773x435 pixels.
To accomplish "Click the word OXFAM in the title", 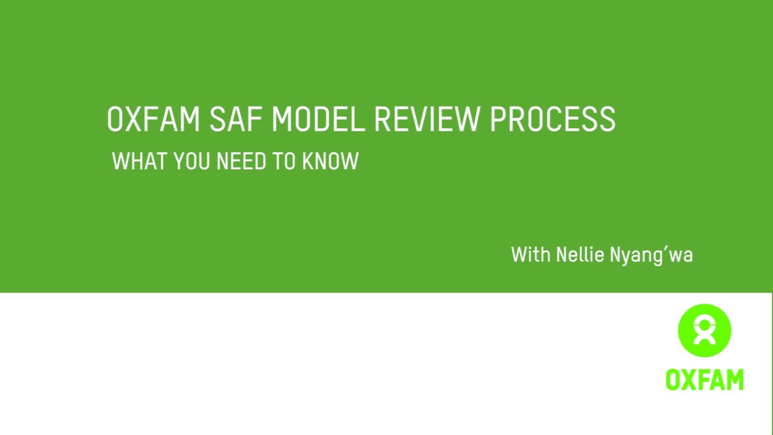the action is [x=153, y=119].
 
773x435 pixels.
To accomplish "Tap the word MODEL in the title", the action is [x=318, y=119].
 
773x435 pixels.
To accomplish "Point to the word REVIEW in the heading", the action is [x=427, y=119].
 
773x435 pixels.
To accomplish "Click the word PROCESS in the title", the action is [x=553, y=119].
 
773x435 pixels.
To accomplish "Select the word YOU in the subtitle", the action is [x=191, y=161].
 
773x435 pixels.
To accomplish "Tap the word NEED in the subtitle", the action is [x=241, y=161].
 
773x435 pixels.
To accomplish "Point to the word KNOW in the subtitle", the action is [x=330, y=161].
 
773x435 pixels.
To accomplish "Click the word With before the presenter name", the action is [x=531, y=254].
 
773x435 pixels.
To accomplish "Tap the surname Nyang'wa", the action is [x=651, y=256].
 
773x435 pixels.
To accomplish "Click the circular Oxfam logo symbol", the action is [x=704, y=330].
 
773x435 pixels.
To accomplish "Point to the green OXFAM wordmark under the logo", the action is [x=704, y=380].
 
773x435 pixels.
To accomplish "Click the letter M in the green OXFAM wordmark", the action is [x=734, y=380].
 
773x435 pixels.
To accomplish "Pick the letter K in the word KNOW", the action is [x=309, y=161].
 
